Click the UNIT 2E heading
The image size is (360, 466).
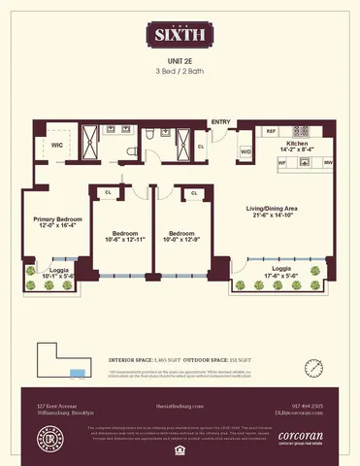[180, 60]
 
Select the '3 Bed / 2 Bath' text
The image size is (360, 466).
[180, 73]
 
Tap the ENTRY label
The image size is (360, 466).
[221, 120]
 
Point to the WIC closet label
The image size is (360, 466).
[44, 145]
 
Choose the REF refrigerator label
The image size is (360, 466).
[272, 130]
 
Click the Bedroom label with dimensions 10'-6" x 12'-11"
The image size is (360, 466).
[123, 238]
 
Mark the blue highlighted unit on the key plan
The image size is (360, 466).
[77, 373]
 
